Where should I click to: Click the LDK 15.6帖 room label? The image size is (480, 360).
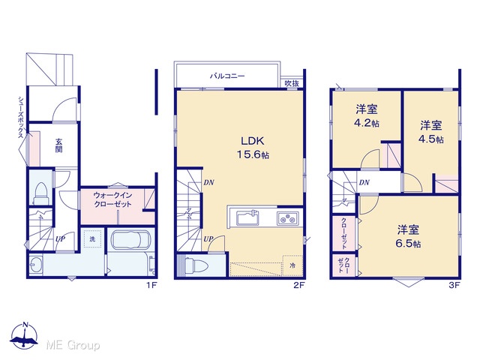[x=253, y=148]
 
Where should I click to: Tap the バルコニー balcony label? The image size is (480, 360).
[x=227, y=76]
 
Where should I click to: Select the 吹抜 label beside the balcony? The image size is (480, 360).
[x=292, y=83]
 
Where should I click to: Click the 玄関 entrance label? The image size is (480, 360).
[x=58, y=145]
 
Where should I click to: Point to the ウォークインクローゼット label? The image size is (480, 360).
[x=112, y=199]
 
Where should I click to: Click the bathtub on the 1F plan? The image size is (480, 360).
[x=130, y=240]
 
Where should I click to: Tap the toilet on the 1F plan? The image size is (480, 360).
[x=41, y=193]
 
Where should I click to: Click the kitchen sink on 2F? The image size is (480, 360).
[x=248, y=218]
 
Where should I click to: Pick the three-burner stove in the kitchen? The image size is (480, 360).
[x=288, y=218]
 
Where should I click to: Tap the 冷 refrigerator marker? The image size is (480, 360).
[x=292, y=265]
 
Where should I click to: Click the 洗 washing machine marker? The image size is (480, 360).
[x=92, y=239]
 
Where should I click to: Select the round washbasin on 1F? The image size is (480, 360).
[x=35, y=264]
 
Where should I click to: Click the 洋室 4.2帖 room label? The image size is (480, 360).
[x=367, y=116]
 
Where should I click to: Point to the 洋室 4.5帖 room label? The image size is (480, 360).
[x=431, y=132]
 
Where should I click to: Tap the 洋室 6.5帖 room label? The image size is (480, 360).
[x=408, y=236]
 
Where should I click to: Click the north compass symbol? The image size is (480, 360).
[x=25, y=335]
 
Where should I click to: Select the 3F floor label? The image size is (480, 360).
[x=454, y=285]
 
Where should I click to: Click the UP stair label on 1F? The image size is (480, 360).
[x=60, y=238]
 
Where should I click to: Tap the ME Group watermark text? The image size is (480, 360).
[x=73, y=346]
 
